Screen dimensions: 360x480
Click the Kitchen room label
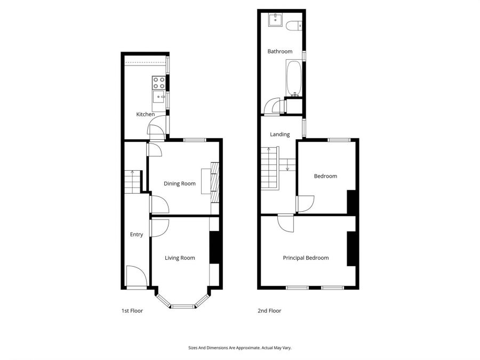[x=146, y=114]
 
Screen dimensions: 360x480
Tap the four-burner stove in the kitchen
[x=159, y=82]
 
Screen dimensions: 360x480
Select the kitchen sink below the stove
[x=158, y=97]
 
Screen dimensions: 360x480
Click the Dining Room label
[x=179, y=183]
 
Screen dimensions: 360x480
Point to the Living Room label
[x=180, y=258]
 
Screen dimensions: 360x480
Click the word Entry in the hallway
[x=137, y=234]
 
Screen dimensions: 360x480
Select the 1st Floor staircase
[x=132, y=182]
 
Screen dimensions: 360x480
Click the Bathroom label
[x=280, y=51]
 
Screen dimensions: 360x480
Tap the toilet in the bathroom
[x=294, y=25]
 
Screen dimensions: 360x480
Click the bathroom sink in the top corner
[x=275, y=20]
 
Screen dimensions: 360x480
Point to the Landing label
[x=279, y=134]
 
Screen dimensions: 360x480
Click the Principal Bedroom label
[x=306, y=258]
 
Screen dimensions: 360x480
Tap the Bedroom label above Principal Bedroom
[x=325, y=176]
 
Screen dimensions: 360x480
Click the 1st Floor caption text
[x=132, y=310]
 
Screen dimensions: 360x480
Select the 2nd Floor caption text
[x=270, y=310]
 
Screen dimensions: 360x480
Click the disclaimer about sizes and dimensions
[x=239, y=348]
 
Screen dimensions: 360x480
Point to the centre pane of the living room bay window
[x=183, y=306]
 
